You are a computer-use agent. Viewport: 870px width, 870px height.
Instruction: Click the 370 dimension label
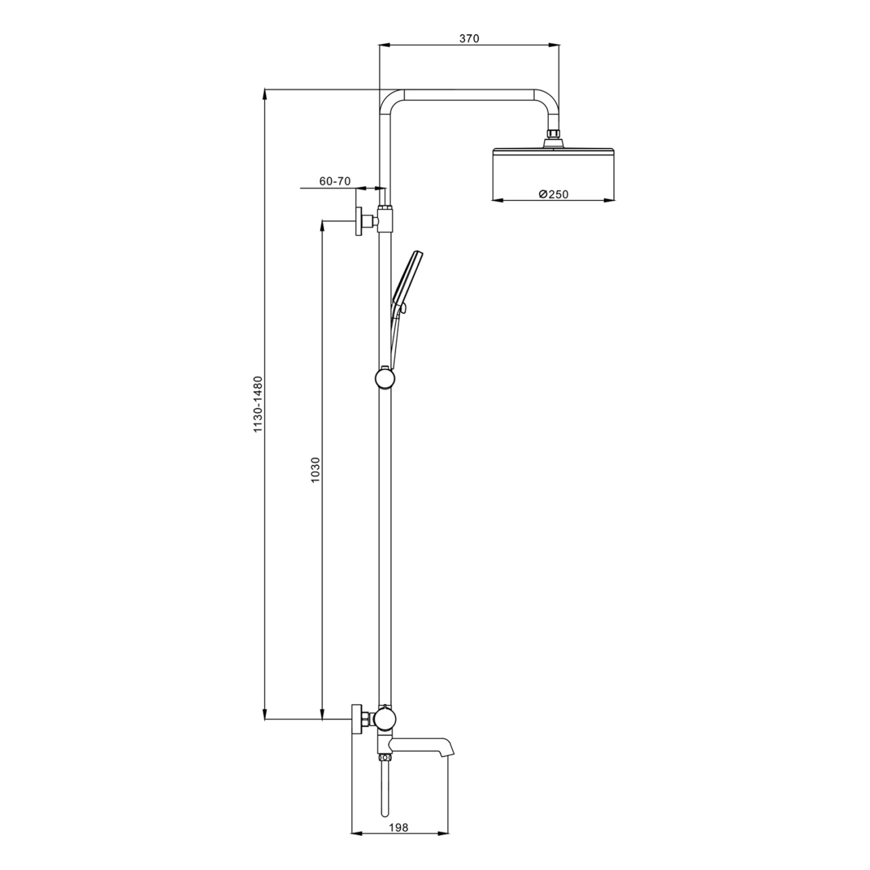tap(469, 39)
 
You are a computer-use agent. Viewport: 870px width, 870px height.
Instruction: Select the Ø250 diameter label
tap(553, 194)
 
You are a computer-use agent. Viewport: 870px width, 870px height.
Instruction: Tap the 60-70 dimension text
tap(335, 181)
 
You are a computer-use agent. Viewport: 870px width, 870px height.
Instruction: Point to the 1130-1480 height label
tap(258, 404)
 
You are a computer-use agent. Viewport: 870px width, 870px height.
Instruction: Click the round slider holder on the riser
tap(385, 378)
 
